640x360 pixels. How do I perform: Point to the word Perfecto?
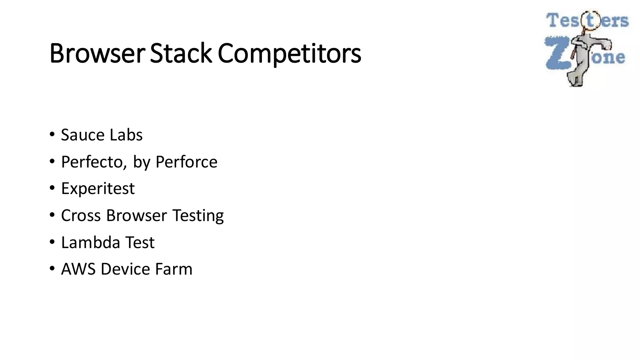[94, 162]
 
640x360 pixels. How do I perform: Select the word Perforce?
[186, 162]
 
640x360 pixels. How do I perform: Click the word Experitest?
[98, 189]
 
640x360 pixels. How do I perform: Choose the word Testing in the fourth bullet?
[198, 216]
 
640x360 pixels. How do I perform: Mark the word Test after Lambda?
[140, 242]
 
